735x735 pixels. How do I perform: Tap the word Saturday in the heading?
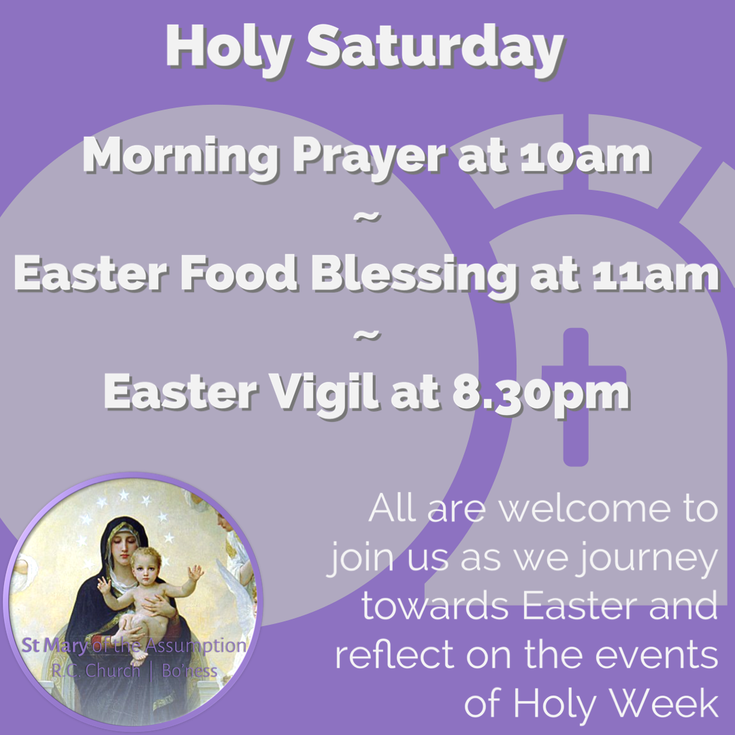tap(435, 49)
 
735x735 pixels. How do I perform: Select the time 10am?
tap(586, 156)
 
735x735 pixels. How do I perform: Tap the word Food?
tap(239, 273)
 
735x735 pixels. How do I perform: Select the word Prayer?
tap(369, 159)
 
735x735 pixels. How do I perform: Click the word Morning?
tap(180, 159)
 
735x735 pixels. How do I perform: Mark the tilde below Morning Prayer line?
tap(367, 217)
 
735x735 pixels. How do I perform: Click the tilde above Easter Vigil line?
tap(367, 335)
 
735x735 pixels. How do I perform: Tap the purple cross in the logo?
tap(579, 397)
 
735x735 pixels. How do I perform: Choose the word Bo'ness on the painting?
tap(189, 671)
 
